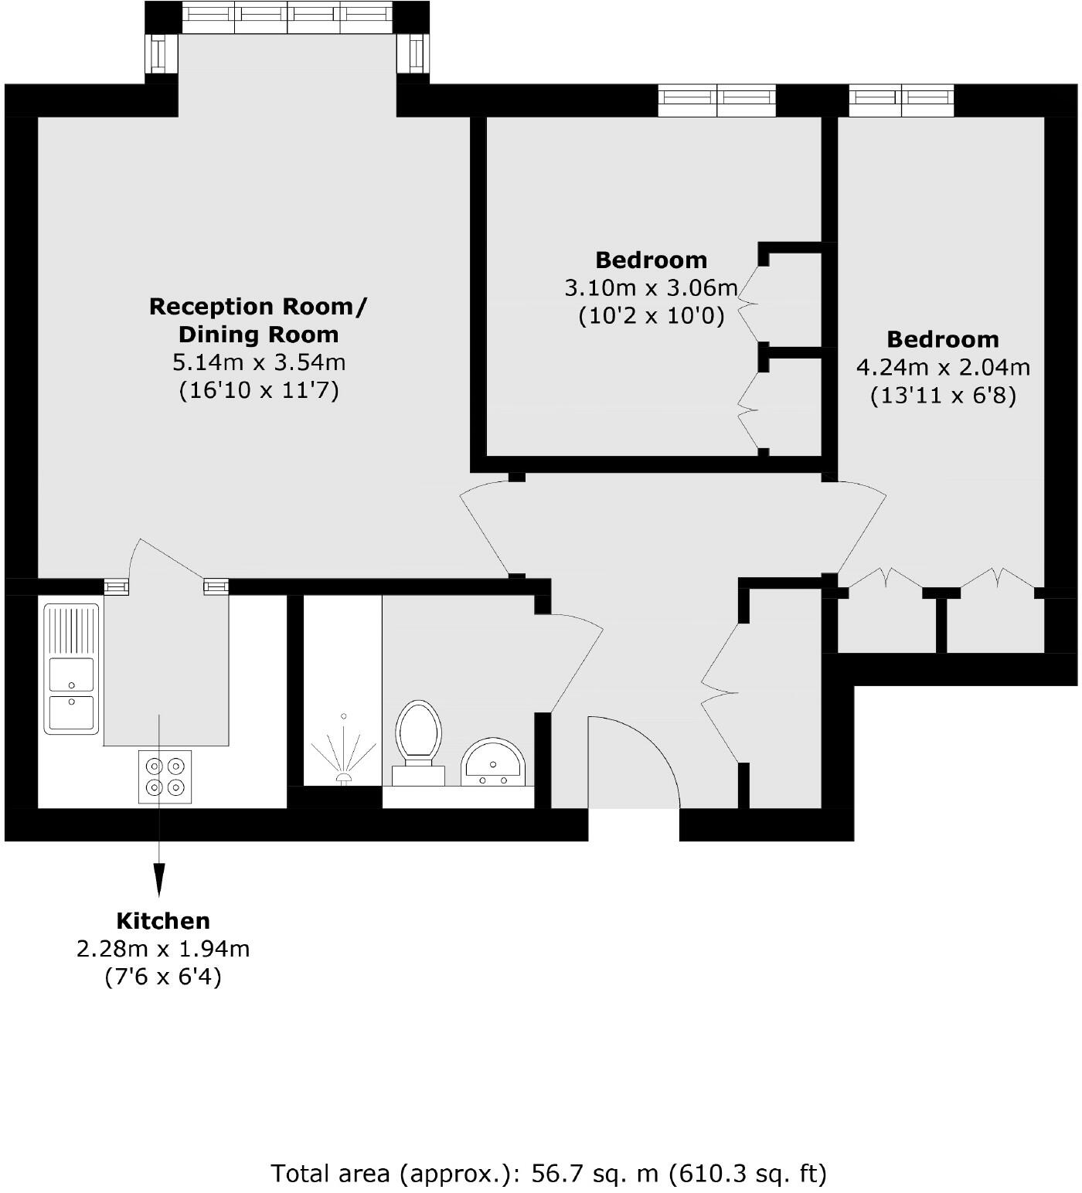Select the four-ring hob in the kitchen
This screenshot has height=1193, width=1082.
tap(165, 777)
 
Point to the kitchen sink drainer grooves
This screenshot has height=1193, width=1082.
tap(71, 630)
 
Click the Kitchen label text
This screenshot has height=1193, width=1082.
tap(163, 921)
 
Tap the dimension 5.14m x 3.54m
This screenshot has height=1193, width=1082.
tap(258, 362)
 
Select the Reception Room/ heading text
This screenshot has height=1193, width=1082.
tap(258, 307)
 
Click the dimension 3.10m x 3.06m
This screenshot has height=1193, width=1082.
tap(651, 288)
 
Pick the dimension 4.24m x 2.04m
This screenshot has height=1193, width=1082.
tap(942, 367)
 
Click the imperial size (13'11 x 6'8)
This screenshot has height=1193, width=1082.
tap(942, 396)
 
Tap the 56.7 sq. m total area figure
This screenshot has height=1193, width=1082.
tap(595, 1174)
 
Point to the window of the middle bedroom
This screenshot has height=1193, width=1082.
tap(716, 100)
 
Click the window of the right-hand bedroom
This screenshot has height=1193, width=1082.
tap(902, 100)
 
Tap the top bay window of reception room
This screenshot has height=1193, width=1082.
tap(287, 16)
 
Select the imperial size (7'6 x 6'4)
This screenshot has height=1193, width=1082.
tap(163, 977)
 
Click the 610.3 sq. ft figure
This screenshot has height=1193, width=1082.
tap(747, 1174)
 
